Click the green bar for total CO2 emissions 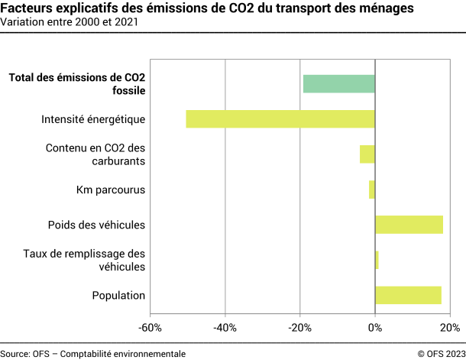click(x=338, y=83)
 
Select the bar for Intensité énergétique click(x=280, y=118)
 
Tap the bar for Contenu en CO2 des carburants click(x=367, y=154)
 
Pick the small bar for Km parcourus click(x=372, y=189)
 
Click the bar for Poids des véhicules click(x=409, y=224)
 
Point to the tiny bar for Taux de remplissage click(x=377, y=260)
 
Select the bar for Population click(x=408, y=295)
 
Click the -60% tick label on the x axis click(x=150, y=328)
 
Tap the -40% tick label click(x=225, y=328)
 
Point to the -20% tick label click(x=299, y=328)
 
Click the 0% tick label click(x=375, y=328)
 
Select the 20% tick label click(x=450, y=328)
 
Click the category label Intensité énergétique click(x=93, y=119)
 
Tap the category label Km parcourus click(x=111, y=190)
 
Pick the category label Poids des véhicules click(x=96, y=225)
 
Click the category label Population click(x=118, y=296)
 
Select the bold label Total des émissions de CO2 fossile click(x=76, y=83)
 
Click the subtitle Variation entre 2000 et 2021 click(x=70, y=22)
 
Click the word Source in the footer click(x=15, y=353)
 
